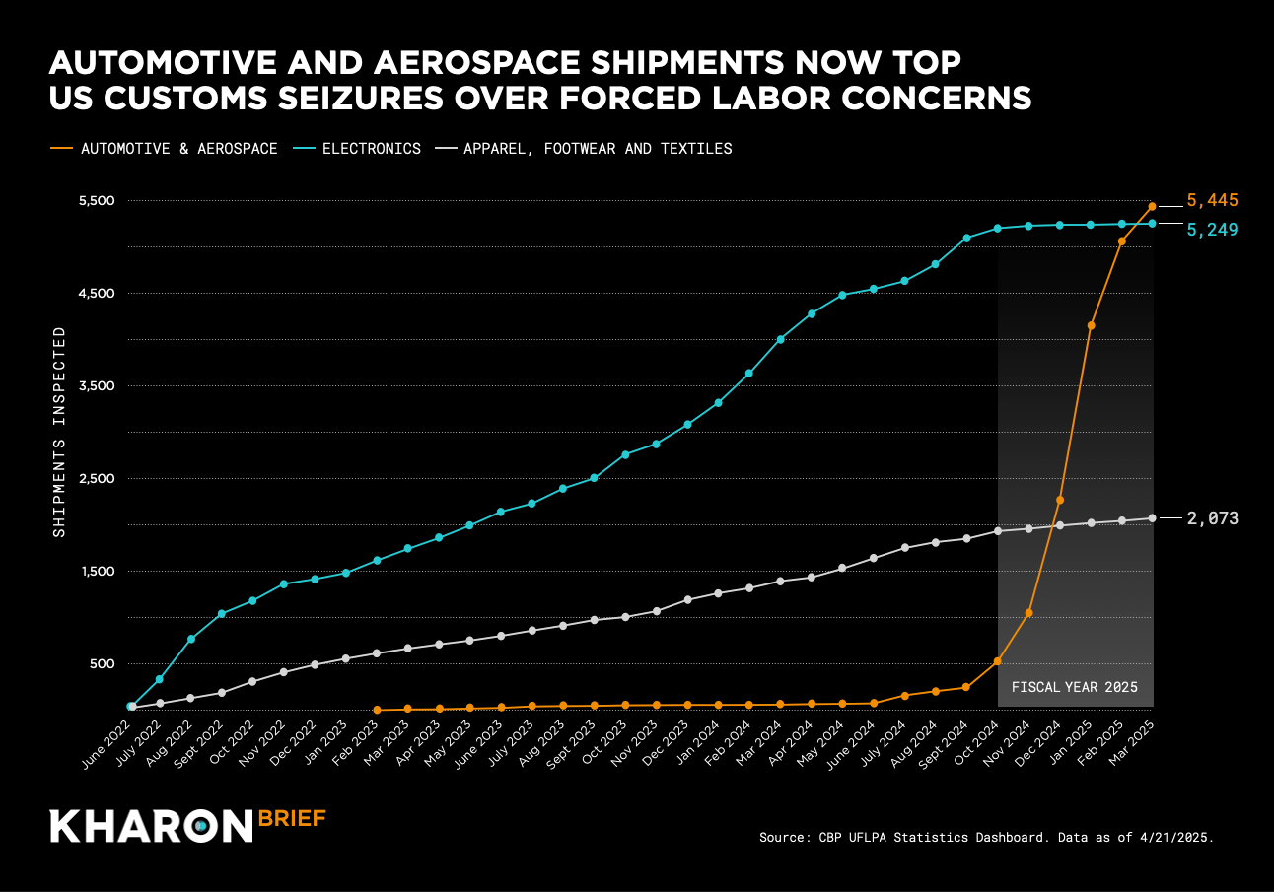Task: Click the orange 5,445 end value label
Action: click(x=1212, y=200)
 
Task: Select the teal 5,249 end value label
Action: click(x=1212, y=230)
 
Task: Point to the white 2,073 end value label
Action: click(x=1212, y=518)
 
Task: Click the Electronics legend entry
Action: click(x=371, y=149)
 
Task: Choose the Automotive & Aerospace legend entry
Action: click(x=178, y=149)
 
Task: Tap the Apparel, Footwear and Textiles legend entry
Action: click(x=597, y=149)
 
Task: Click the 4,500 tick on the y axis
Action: click(x=96, y=294)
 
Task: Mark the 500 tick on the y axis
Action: click(x=102, y=664)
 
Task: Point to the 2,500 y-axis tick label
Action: click(x=96, y=479)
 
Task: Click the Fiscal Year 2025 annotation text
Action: click(x=1075, y=687)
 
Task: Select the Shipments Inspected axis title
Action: click(x=59, y=432)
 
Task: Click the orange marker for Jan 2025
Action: click(x=1091, y=325)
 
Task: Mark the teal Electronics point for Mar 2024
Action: click(x=781, y=339)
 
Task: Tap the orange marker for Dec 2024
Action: click(x=1060, y=500)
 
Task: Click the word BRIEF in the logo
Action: click(x=292, y=818)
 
